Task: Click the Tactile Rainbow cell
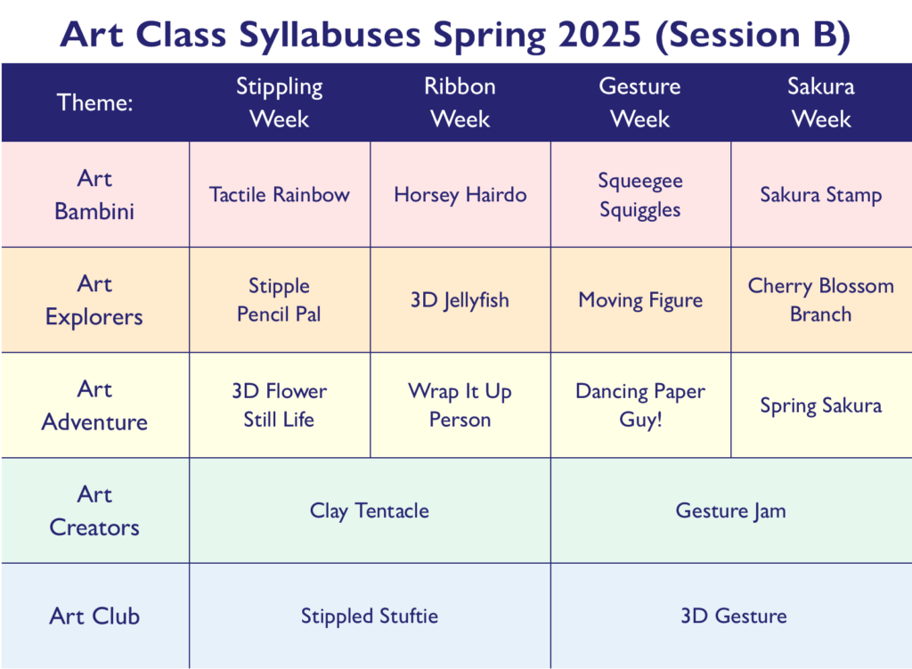pos(280,194)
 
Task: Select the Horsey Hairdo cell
pos(460,194)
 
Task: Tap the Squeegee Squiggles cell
pos(640,194)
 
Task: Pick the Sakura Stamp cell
pos(821,194)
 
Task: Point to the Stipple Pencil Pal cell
pos(280,299)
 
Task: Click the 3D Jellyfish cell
pos(460,299)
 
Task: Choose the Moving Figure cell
pos(640,299)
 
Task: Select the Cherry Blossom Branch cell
pos(821,299)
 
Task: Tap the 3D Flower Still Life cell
pos(280,405)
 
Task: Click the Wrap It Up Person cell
pos(460,405)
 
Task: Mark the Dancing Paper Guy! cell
pos(640,405)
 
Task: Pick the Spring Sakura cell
pos(821,405)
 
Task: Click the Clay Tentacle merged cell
pos(370,510)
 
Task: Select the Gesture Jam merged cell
pos(731,510)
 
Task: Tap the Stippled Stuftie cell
pos(370,616)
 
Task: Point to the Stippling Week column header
pos(280,102)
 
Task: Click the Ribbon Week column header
pos(460,102)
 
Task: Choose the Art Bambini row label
pos(94,194)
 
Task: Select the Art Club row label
pos(94,616)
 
